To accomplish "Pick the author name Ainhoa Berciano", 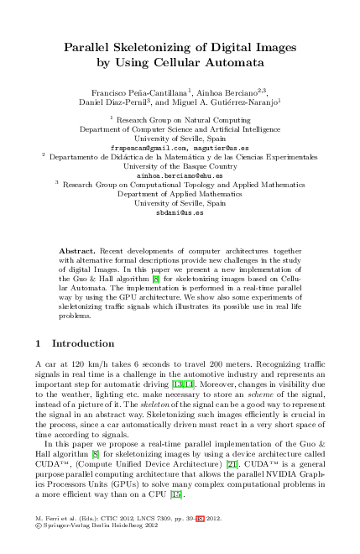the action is point(227,91).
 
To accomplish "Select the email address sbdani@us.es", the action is point(180,213).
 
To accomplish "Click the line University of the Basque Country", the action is point(180,166).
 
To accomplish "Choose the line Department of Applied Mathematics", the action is point(180,194).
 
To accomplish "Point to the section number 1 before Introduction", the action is point(39,343).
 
